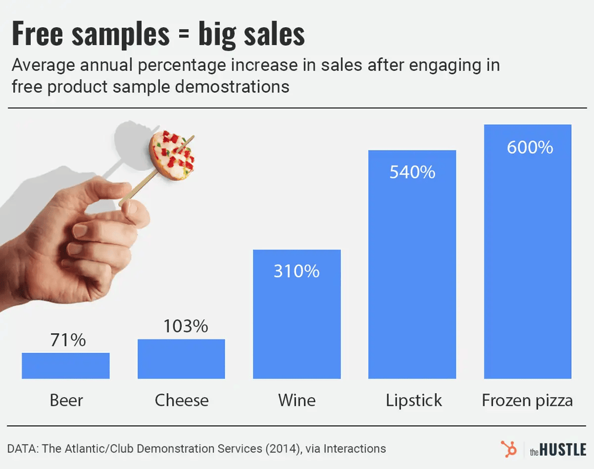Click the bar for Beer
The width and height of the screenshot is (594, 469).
point(66,365)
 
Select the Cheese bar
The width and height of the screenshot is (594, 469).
point(181,359)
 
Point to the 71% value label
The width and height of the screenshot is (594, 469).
point(68,340)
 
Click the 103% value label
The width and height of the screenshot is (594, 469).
point(185,326)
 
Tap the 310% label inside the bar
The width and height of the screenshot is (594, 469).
point(296,271)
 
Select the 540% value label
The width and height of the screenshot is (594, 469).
point(412,172)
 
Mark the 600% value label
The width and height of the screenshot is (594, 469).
point(530,148)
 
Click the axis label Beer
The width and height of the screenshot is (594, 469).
point(67,400)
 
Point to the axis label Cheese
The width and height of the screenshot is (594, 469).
point(182,400)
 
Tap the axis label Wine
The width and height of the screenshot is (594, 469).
point(297,400)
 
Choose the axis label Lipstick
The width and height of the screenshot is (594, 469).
point(414,400)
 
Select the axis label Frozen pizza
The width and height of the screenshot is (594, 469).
point(527,400)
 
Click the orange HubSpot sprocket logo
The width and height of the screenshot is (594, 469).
point(508,449)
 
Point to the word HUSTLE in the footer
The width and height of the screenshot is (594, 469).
point(563,450)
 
